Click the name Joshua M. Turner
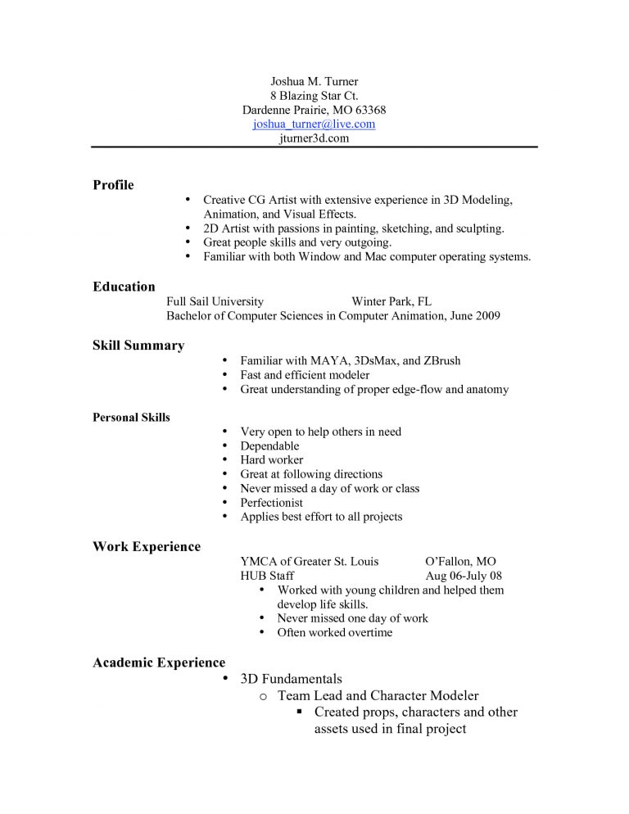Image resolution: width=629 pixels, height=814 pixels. pyautogui.click(x=314, y=82)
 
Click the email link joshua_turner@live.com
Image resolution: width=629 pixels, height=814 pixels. pyautogui.click(x=314, y=124)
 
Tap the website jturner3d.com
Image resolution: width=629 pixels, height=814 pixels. pyautogui.click(x=314, y=138)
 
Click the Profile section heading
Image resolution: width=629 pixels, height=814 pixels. pyautogui.click(x=113, y=185)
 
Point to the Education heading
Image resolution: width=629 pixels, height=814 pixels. pyautogui.click(x=124, y=287)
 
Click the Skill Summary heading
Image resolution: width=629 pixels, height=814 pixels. pyautogui.click(x=138, y=346)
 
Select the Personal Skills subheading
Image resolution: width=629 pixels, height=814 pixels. pyautogui.click(x=131, y=418)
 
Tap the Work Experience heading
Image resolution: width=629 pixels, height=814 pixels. pyautogui.click(x=147, y=547)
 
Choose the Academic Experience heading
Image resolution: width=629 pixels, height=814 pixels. pyautogui.click(x=159, y=663)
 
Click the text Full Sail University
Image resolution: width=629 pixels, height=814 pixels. pyautogui.click(x=215, y=301)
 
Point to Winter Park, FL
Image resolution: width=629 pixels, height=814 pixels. pyautogui.click(x=391, y=301)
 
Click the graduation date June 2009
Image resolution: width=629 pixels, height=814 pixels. pyautogui.click(x=475, y=315)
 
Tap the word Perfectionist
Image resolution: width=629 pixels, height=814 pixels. pyautogui.click(x=271, y=503)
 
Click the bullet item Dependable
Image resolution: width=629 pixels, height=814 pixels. pyautogui.click(x=269, y=446)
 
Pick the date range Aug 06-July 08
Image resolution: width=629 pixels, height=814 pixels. pyautogui.click(x=464, y=576)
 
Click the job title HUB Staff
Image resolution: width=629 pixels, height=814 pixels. pyautogui.click(x=267, y=576)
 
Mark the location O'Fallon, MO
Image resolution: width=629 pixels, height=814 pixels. pyautogui.click(x=460, y=562)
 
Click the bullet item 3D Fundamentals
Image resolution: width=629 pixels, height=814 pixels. pyautogui.click(x=291, y=679)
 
